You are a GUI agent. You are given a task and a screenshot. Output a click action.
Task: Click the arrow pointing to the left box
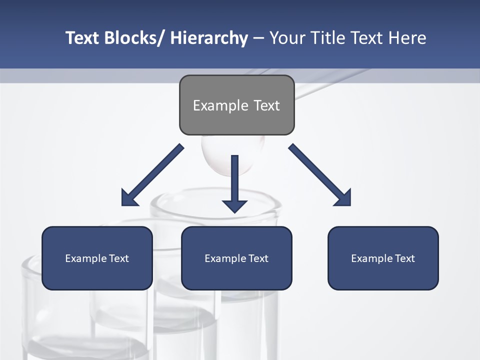(x=152, y=175)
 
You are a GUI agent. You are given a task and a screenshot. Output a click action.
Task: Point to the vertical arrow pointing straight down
(x=234, y=182)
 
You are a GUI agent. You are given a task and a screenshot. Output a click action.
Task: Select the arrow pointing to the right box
(x=320, y=175)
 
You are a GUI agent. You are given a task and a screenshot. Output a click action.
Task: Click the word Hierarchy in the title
(x=209, y=38)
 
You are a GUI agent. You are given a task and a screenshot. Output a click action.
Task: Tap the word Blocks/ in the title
(x=134, y=38)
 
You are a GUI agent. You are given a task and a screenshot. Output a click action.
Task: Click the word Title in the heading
(x=326, y=38)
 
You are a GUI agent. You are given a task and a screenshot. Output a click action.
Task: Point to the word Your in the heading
(x=286, y=38)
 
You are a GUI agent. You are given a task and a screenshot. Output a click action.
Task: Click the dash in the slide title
(x=258, y=38)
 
